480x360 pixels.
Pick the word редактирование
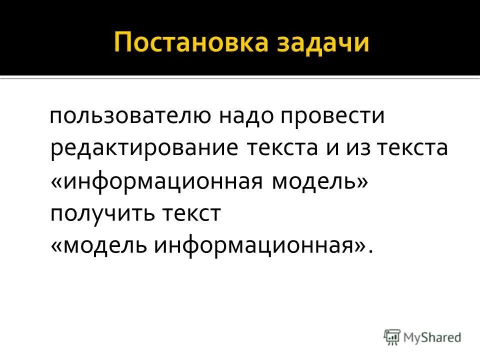tap(145, 150)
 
